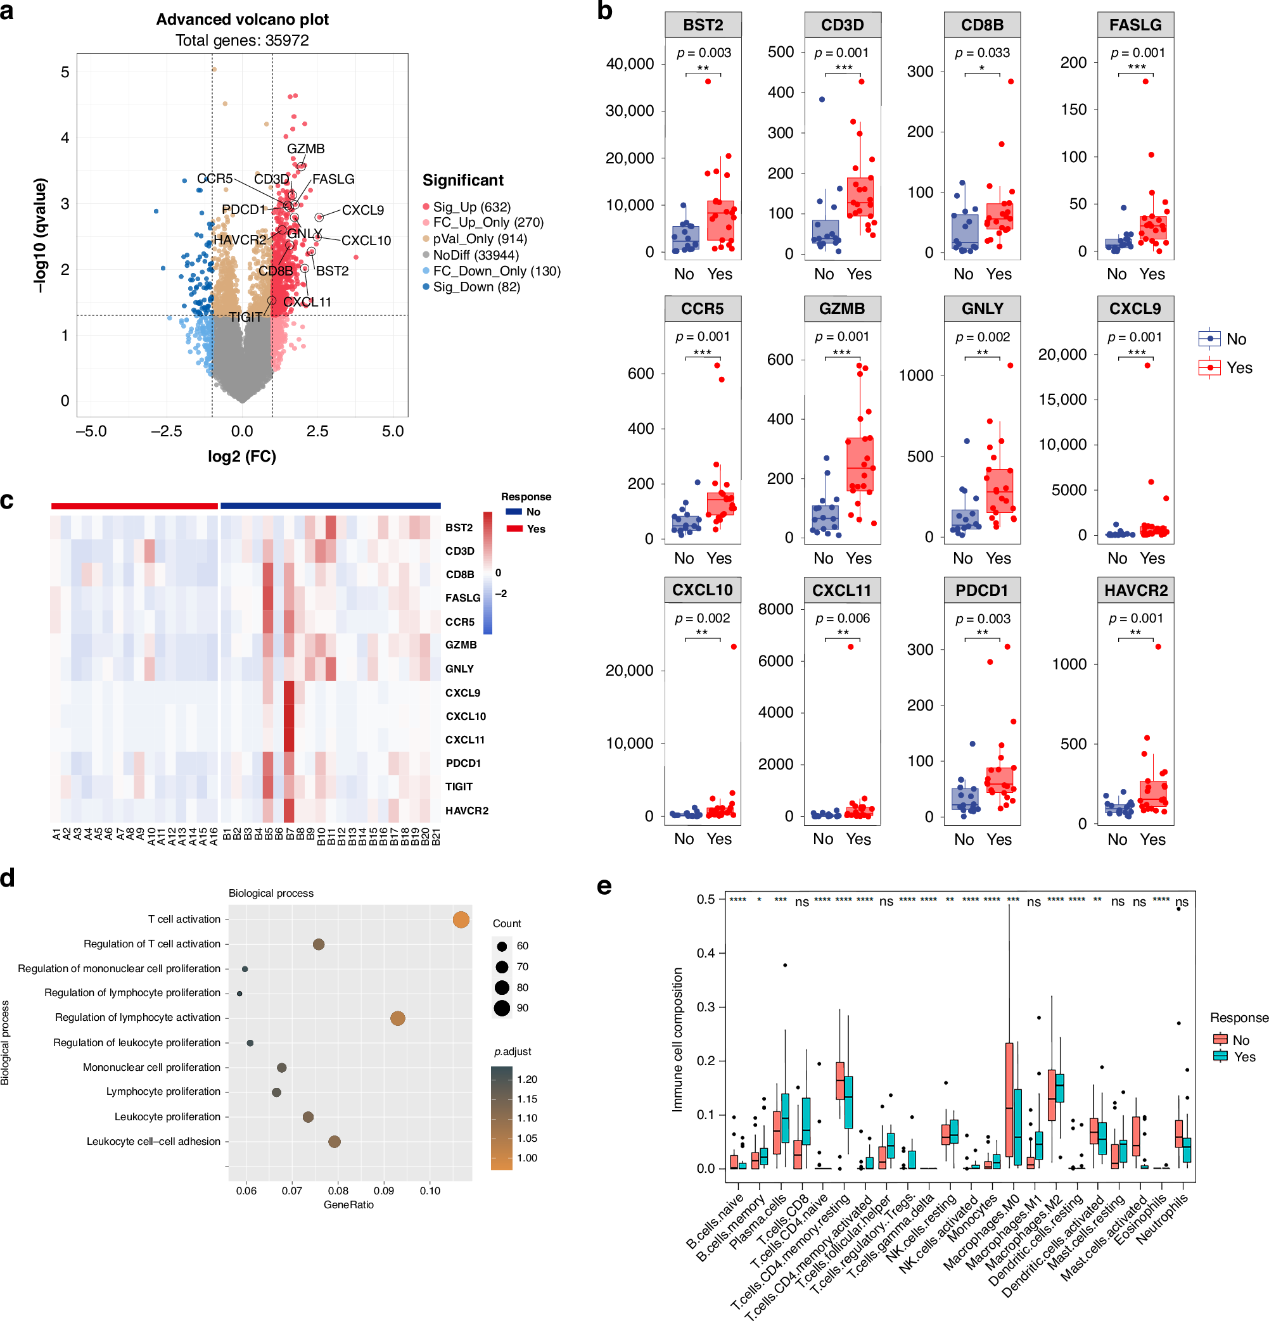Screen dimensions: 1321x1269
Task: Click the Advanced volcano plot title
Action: (x=242, y=20)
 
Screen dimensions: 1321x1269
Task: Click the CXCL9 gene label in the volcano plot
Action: (x=363, y=210)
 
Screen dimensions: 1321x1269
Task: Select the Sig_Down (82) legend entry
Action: (x=476, y=287)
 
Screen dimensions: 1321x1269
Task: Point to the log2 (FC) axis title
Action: (x=242, y=457)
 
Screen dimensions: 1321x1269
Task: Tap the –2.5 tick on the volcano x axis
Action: (x=166, y=431)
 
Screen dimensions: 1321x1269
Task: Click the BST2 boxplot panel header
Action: (x=703, y=25)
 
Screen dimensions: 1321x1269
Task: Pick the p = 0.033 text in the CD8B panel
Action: (x=982, y=53)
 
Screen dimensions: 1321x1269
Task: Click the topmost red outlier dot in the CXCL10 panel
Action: (x=734, y=647)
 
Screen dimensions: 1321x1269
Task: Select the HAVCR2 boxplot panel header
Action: (x=1135, y=590)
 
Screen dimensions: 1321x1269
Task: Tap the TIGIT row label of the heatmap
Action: (x=459, y=787)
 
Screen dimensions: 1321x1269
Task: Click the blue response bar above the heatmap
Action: (x=331, y=505)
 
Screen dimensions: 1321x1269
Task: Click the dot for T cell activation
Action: (x=461, y=920)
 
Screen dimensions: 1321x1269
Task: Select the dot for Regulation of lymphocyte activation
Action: (x=398, y=1018)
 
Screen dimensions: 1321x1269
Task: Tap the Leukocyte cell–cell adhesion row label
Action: (x=153, y=1141)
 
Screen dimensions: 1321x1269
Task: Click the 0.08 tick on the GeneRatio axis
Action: (x=338, y=1191)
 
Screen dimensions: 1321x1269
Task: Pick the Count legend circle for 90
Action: (x=502, y=1008)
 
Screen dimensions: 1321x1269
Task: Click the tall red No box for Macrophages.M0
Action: (x=1009, y=1099)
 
